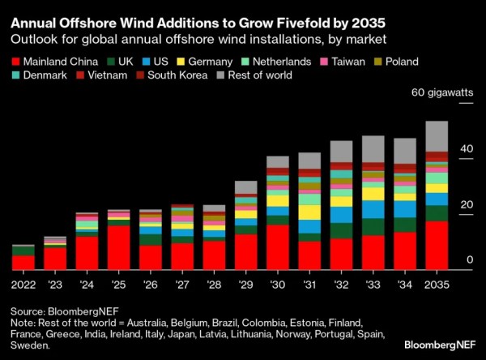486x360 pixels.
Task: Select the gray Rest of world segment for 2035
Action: [x=437, y=135]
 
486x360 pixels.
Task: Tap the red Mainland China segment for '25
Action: [x=119, y=247]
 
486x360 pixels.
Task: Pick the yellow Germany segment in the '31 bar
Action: [x=309, y=212]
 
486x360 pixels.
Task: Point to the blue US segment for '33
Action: [x=373, y=209]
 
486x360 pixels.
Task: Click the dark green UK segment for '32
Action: [x=342, y=230]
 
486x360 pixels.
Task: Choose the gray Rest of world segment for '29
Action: [x=246, y=187]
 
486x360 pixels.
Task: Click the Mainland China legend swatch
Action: [x=15, y=60]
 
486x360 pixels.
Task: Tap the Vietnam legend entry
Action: [x=96, y=75]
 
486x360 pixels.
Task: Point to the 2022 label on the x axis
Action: [x=23, y=285]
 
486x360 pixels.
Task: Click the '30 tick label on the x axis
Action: [x=278, y=285]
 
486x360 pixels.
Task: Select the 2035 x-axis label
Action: [x=437, y=285]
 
